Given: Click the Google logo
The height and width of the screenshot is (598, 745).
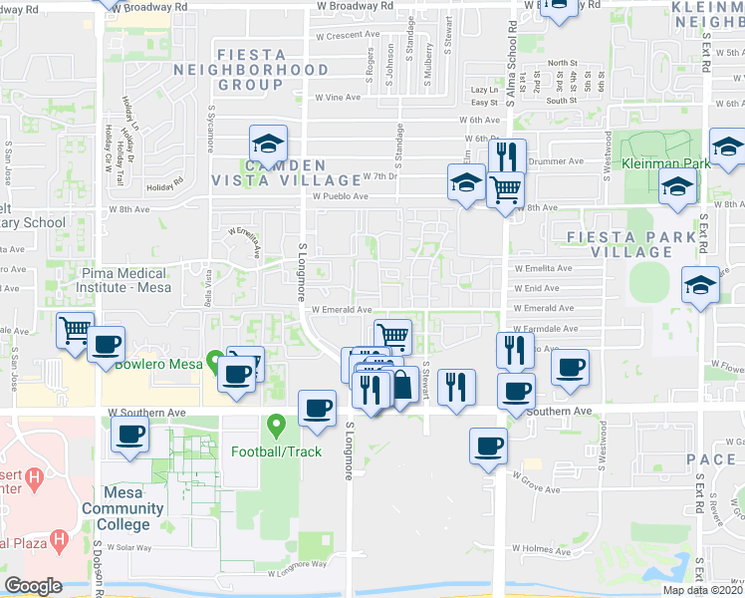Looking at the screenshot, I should [33, 586].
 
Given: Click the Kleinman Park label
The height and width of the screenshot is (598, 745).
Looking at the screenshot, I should [665, 162].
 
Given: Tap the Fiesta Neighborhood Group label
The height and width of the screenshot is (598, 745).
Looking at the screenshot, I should [250, 78].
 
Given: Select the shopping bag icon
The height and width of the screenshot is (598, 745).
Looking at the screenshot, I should [402, 384].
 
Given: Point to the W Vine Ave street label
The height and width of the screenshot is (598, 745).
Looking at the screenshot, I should [338, 98].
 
